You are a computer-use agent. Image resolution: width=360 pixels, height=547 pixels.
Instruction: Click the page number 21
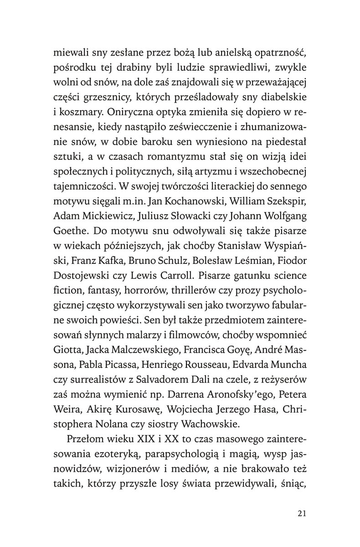click(x=300, y=514)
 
